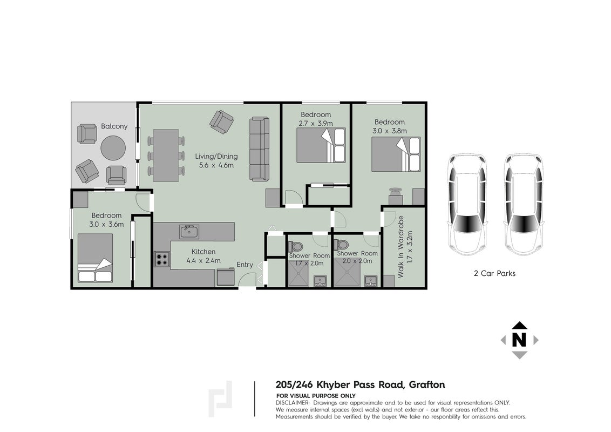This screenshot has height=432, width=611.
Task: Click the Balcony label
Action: coord(114,126)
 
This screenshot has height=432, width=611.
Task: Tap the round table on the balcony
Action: coord(113,148)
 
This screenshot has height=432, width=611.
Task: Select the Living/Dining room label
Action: coord(216,157)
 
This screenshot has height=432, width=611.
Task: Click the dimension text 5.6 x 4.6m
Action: coord(216,165)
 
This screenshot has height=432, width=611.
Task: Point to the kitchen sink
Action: coord(189,232)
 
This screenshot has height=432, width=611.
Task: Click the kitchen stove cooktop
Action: coord(162,259)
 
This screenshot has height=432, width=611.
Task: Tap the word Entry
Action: coord(245,265)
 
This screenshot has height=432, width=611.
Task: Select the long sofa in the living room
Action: coord(259,149)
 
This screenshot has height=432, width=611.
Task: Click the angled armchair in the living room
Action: coord(221,122)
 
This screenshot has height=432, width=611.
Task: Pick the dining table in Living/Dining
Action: coord(166,155)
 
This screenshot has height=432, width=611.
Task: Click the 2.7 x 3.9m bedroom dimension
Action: coord(316,124)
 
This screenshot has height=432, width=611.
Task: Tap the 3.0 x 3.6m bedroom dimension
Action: coord(106,225)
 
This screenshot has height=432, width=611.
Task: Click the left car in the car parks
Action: coord(467,205)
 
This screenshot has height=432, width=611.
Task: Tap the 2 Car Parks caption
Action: coord(494,273)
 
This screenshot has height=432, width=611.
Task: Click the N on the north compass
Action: coord(519,340)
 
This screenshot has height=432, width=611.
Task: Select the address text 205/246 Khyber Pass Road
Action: coord(339,385)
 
